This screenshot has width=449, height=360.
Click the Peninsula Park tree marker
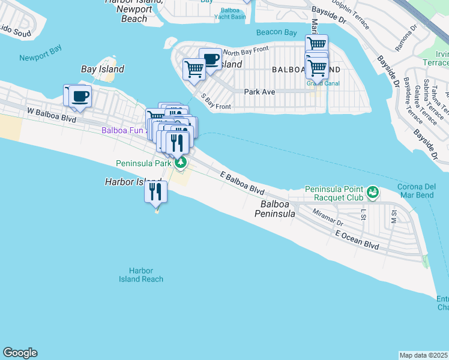[180, 163]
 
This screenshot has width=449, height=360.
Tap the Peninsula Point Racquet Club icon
[373, 193]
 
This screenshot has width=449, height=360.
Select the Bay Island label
[103, 69]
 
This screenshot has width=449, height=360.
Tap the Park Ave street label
[259, 92]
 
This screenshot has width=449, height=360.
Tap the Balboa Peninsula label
[277, 209]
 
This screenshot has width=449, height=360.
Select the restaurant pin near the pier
[155, 192]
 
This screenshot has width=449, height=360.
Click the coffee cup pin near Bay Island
[80, 96]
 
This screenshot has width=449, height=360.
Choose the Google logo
[20, 353]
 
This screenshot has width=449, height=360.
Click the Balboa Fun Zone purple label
[123, 130]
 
